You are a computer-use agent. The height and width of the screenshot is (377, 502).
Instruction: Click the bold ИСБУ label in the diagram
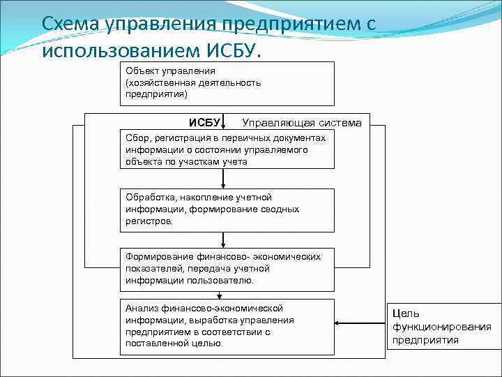tap(204, 123)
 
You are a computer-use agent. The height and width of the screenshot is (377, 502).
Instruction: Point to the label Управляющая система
tap(302, 123)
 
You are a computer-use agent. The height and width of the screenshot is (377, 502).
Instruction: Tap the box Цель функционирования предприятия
tap(443, 327)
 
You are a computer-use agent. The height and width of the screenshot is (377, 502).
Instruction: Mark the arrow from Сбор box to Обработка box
tap(223, 179)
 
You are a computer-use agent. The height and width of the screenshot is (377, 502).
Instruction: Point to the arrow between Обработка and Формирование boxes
tap(223, 239)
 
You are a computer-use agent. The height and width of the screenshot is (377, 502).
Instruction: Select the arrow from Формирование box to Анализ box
tap(223, 295)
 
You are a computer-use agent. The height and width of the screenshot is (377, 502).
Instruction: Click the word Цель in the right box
tap(406, 314)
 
